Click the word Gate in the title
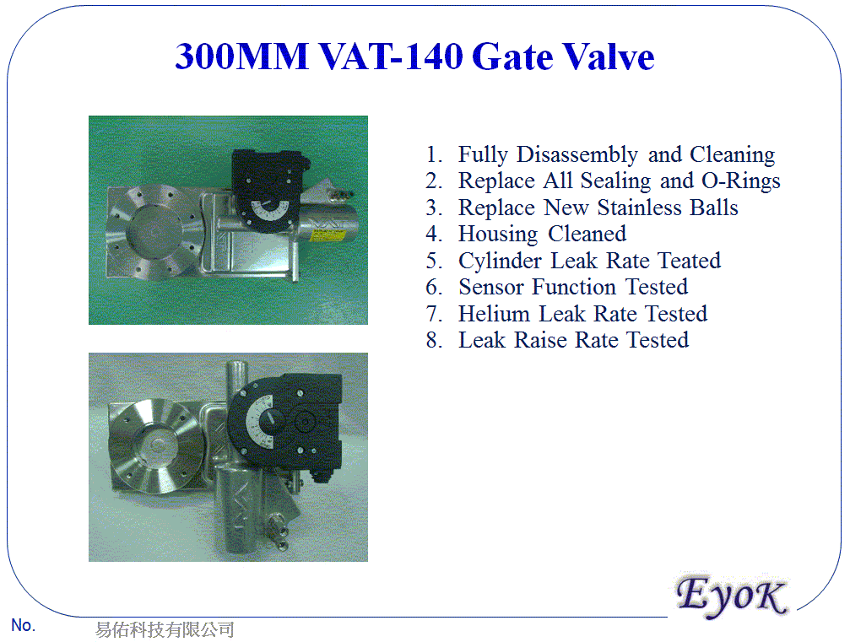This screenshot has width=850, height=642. [x=509, y=57]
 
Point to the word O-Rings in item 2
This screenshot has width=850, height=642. [x=740, y=181]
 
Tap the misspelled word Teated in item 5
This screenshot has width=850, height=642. [x=689, y=261]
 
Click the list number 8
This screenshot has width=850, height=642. [x=434, y=341]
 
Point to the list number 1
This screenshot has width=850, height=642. [x=434, y=156]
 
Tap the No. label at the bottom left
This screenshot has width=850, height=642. [x=23, y=625]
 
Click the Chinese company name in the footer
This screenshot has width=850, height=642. [x=164, y=630]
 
